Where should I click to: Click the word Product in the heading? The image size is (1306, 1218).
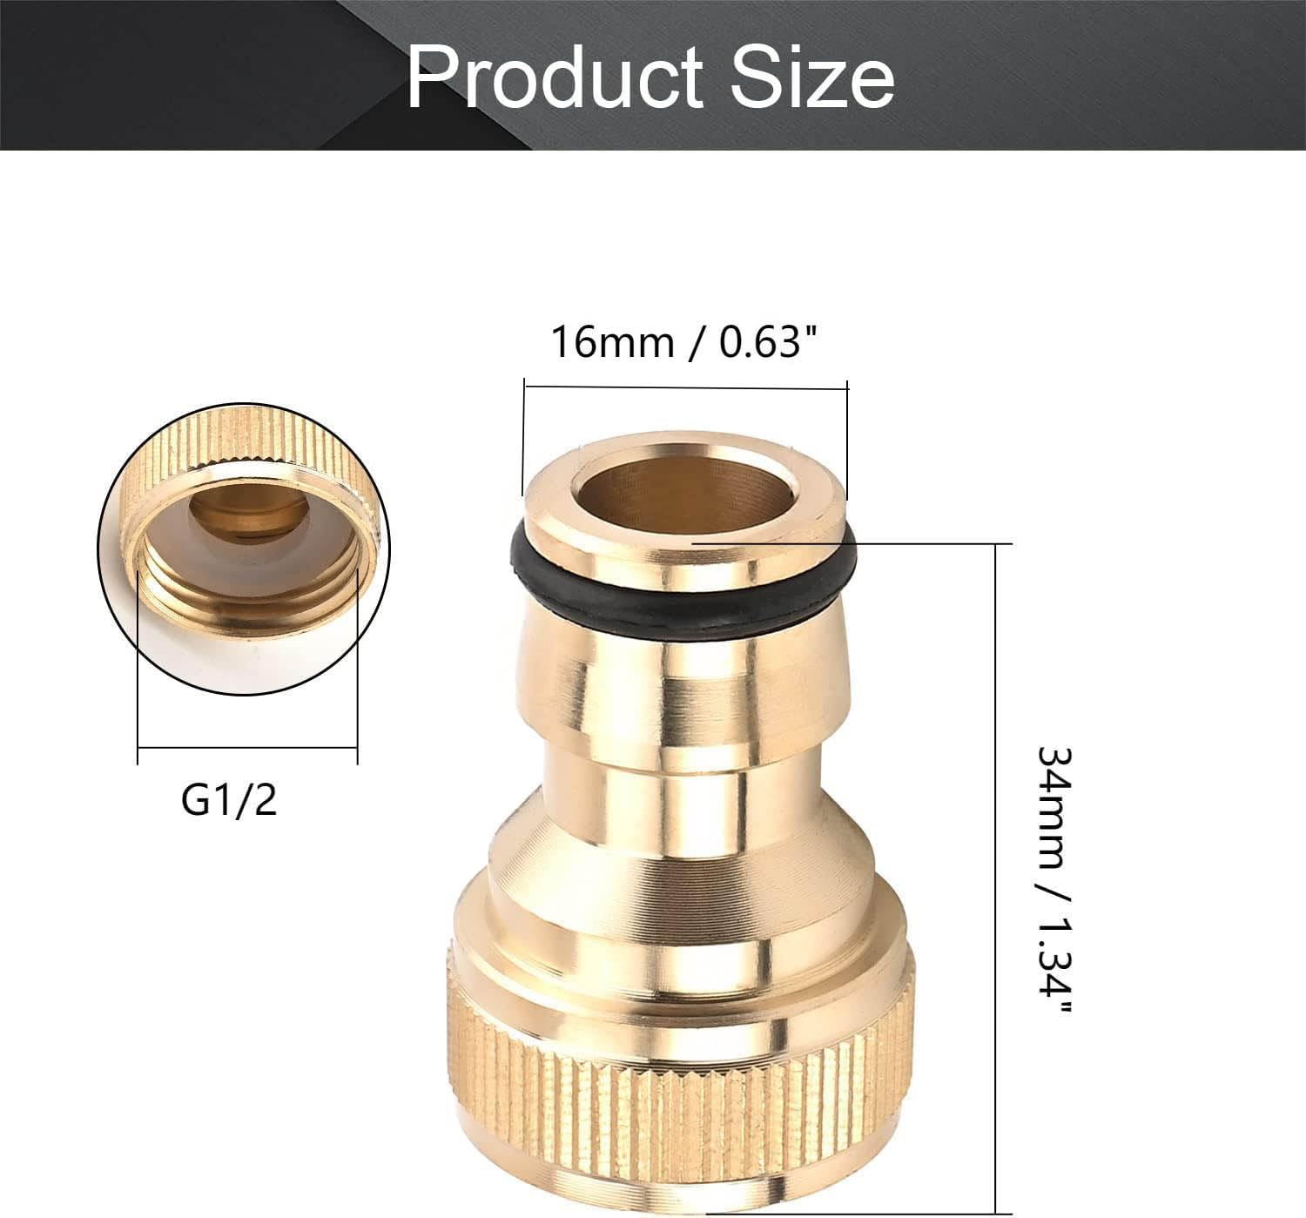555,77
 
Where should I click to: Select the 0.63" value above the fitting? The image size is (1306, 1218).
767,342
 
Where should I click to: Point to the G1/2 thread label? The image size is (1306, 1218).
229,800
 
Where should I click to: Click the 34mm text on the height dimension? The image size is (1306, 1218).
1054,806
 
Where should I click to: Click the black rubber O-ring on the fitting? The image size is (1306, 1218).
682,593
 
